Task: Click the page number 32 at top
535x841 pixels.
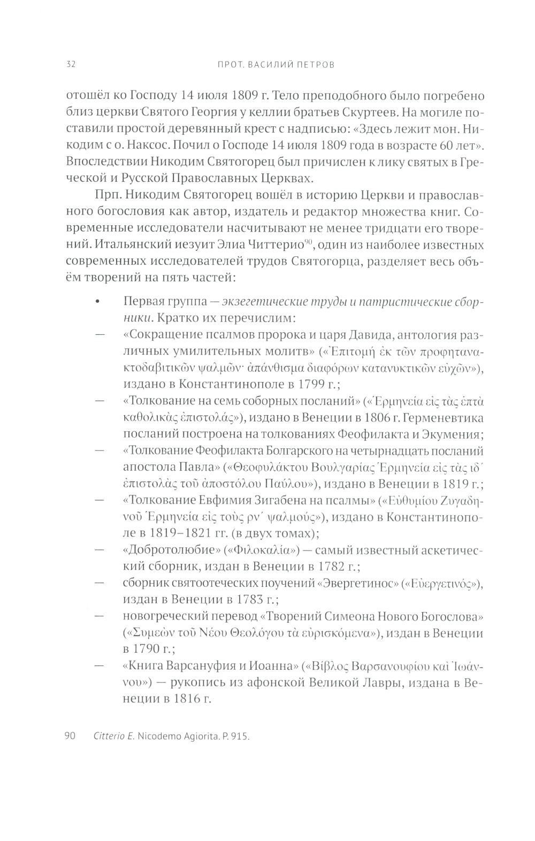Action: tap(71, 65)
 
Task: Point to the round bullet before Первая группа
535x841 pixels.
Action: tap(97, 303)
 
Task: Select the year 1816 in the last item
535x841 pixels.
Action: tap(184, 699)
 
